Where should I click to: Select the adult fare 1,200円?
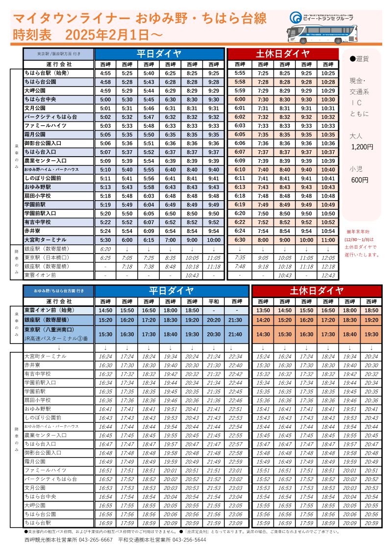coord(362,146)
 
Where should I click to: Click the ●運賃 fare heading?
coord(359,59)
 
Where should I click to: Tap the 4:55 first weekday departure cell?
coord(105,73)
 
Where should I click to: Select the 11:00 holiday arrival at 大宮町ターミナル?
coord(328,240)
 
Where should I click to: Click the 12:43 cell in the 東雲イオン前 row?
coord(328,275)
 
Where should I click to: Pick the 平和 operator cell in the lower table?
coord(214,301)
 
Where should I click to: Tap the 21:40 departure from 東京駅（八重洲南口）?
coord(236,334)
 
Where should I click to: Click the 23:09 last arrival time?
coord(236,523)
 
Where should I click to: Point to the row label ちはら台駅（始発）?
coord(47,73)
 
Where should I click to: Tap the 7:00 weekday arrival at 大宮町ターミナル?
coord(170,240)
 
